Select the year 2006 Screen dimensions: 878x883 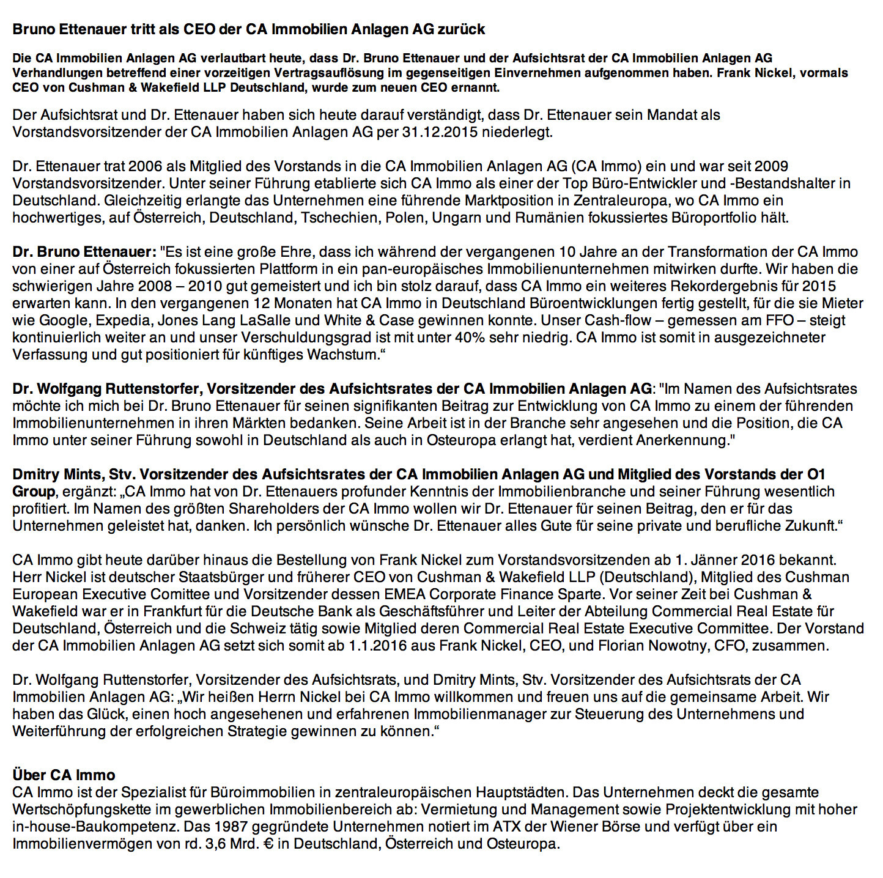pos(146,166)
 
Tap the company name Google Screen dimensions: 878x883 pos(63,320)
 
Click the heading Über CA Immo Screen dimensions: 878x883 pos(64,775)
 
